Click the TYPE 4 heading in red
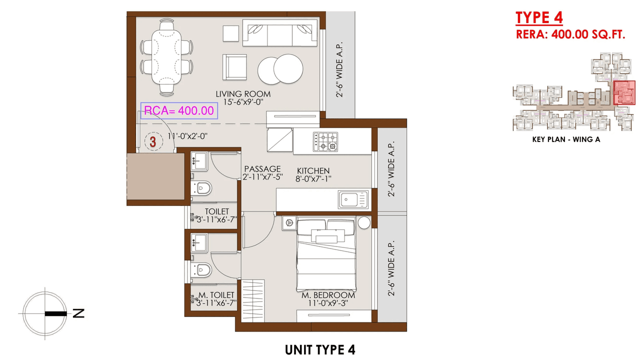point(539,17)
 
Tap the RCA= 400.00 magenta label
point(179,111)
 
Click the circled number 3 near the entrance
point(152,142)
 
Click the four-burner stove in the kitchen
point(325,141)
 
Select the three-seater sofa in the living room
point(279,33)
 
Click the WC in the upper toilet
point(202,188)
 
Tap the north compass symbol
point(45,314)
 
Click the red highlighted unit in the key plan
point(624,93)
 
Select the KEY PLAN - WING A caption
point(566,139)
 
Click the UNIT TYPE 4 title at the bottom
point(320,349)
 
